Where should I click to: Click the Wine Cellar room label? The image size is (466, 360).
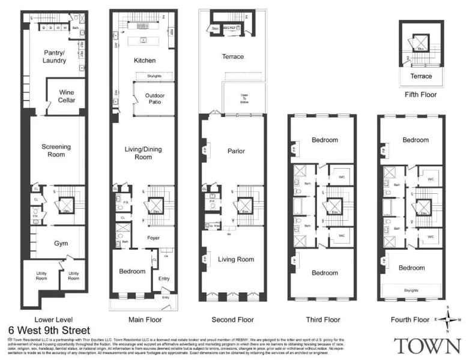[65, 96]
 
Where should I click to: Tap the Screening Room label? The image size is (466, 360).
[56, 150]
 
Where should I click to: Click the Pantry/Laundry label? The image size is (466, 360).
[54, 58]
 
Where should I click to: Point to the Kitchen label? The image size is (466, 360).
[145, 60]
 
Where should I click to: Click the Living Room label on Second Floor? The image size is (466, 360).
[236, 259]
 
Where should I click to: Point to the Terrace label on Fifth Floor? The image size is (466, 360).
[421, 76]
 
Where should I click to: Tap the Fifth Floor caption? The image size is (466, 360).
[420, 95]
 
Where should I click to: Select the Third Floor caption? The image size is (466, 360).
[324, 319]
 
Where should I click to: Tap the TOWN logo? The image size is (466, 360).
[428, 347]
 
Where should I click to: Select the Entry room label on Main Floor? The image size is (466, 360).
[164, 278]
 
